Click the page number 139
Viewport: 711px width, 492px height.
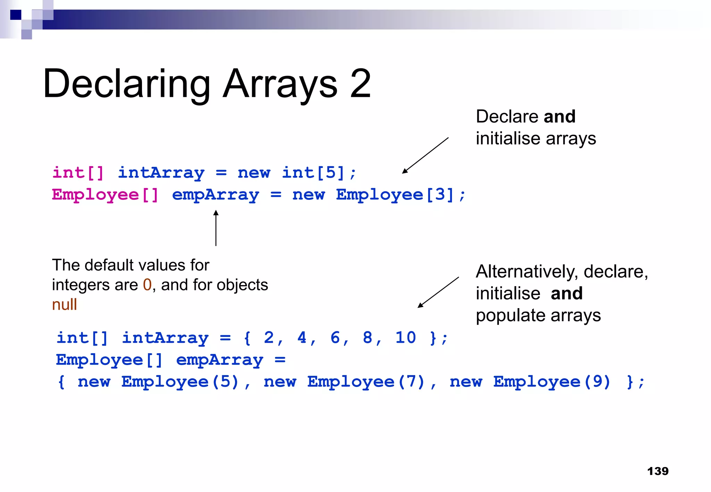point(658,471)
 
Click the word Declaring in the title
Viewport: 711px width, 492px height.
point(127,84)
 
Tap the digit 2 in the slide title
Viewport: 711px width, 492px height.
point(360,84)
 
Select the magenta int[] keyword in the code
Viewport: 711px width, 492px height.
point(78,173)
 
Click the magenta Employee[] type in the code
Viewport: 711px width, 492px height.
point(105,195)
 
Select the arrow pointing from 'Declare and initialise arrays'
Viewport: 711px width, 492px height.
point(425,155)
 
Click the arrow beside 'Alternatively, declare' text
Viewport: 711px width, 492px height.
point(438,292)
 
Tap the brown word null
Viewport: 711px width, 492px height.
point(64,305)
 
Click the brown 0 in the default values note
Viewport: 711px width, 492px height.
point(147,285)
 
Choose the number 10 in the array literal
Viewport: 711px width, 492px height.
point(405,338)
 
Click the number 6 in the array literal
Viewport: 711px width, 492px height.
point(335,338)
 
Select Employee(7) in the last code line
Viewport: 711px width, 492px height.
point(366,382)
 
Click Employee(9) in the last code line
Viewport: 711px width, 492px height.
point(552,382)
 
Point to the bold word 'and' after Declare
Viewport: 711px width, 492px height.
point(559,116)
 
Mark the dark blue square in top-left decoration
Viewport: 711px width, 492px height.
point(16,15)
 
